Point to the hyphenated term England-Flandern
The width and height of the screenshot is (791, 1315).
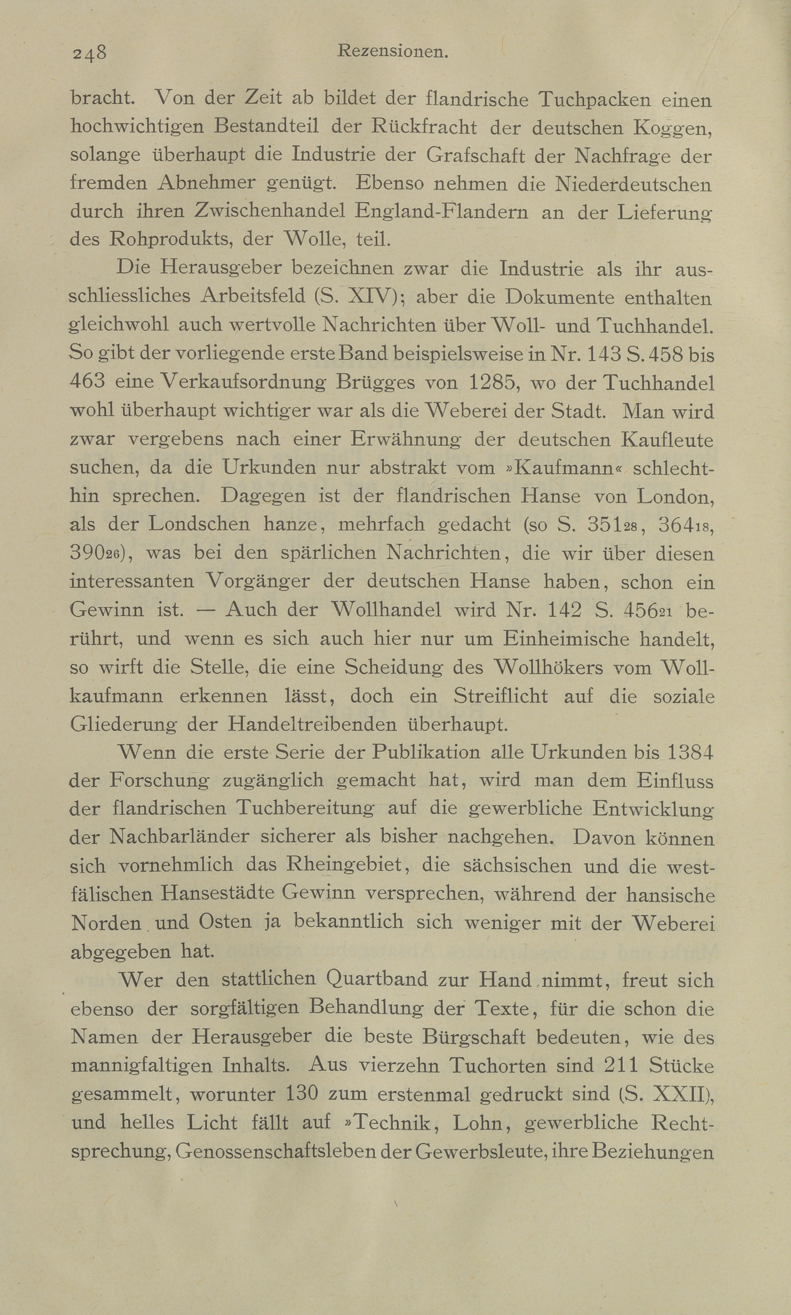click(441, 212)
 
